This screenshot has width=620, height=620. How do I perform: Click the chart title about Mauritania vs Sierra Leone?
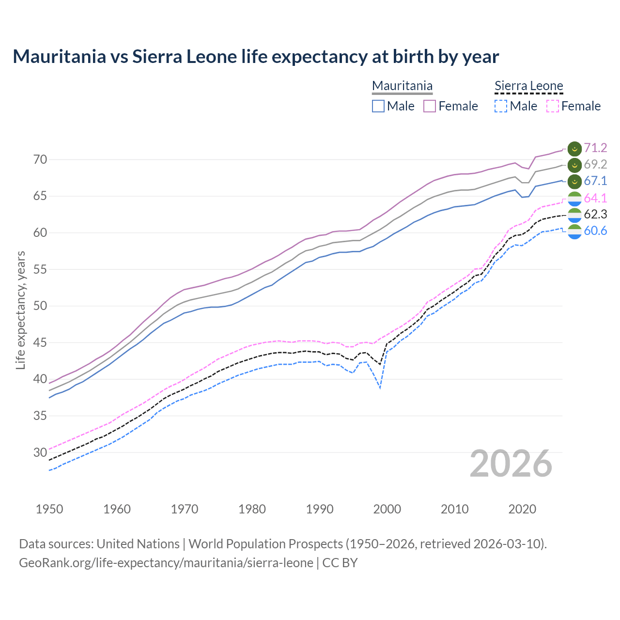(x=256, y=57)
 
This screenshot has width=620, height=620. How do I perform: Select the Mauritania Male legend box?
(x=378, y=106)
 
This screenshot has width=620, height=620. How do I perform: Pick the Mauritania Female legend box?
(x=430, y=106)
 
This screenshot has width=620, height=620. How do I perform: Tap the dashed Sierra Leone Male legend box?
(x=501, y=106)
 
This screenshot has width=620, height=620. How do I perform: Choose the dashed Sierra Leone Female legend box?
(x=552, y=106)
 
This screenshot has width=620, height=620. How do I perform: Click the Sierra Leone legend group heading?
(x=528, y=86)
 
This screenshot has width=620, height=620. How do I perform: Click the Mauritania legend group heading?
(x=402, y=86)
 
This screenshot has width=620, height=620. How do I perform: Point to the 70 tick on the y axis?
(x=40, y=159)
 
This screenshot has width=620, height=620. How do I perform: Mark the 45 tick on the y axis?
(x=40, y=342)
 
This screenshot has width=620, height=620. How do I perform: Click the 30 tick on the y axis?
(x=40, y=452)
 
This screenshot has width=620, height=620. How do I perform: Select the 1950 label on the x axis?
(x=49, y=509)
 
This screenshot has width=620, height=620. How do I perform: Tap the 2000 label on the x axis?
(x=387, y=509)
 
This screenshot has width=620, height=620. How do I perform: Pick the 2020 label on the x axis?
(x=522, y=509)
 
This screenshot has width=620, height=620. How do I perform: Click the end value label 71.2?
(x=595, y=148)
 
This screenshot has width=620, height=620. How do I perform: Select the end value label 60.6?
(x=595, y=231)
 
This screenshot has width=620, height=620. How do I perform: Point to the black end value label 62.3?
(x=595, y=215)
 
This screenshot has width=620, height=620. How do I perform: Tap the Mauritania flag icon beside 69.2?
(x=574, y=165)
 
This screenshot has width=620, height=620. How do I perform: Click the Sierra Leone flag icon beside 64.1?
(x=574, y=199)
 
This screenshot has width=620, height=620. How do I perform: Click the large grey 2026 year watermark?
(x=511, y=464)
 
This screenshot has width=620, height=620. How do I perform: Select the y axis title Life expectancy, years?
(x=21, y=310)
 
